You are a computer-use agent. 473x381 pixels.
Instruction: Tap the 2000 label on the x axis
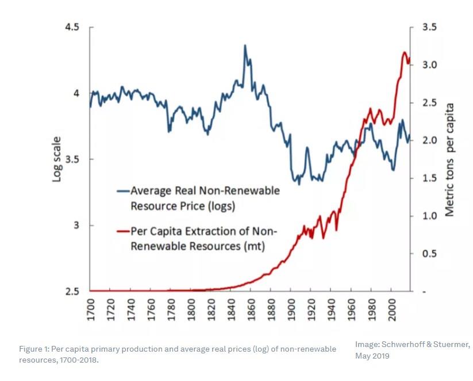point(390,311)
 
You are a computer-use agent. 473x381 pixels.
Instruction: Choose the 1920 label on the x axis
point(310,311)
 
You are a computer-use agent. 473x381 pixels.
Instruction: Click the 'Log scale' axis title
point(57,159)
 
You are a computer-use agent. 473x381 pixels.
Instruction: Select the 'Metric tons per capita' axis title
point(449,159)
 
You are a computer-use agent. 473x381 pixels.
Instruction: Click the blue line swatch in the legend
point(122,190)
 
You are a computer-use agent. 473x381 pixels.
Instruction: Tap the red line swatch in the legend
point(122,231)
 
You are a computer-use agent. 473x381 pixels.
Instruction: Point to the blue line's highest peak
point(245,45)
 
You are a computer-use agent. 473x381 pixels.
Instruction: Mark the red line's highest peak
point(404,52)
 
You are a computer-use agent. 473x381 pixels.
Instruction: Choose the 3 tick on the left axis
point(76,225)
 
